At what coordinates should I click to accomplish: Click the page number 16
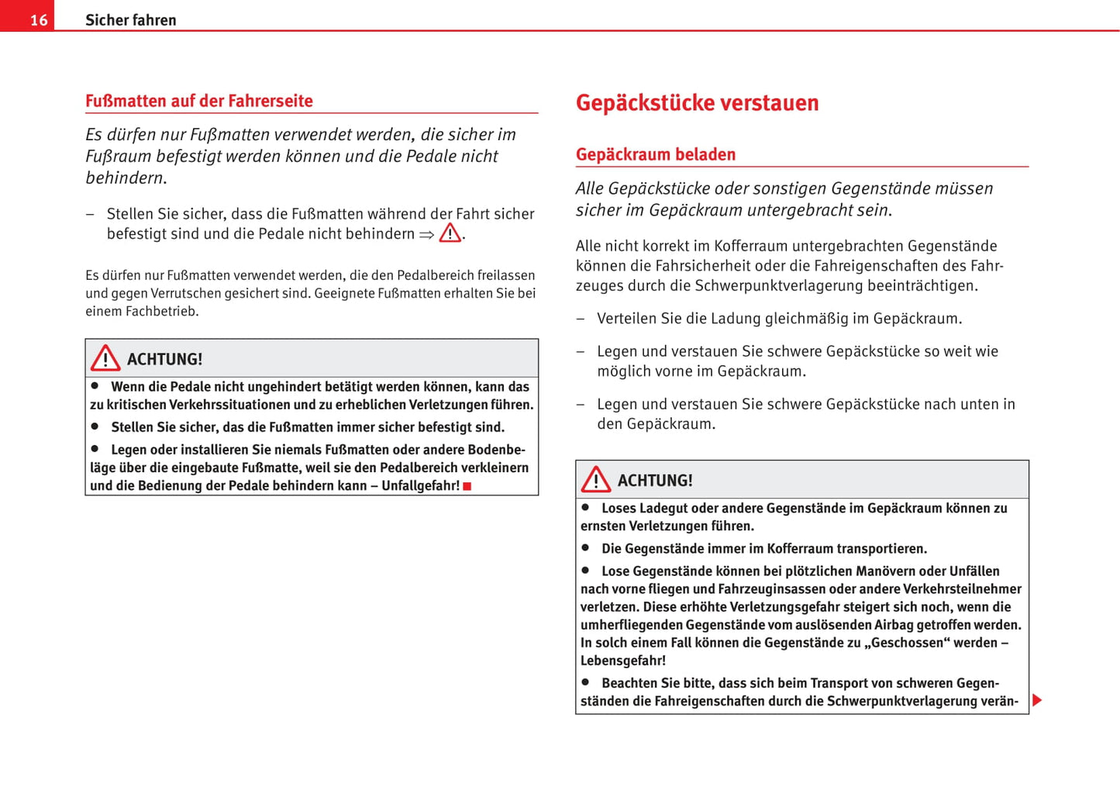[38, 20]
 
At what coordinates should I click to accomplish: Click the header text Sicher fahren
[130, 20]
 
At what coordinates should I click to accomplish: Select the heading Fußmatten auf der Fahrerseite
[199, 101]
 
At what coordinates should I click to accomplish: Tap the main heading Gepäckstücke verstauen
[697, 103]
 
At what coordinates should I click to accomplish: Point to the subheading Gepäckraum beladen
[655, 154]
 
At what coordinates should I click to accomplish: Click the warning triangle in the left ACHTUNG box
[105, 358]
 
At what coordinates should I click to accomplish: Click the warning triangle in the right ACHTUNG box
[596, 480]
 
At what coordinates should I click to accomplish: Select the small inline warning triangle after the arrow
[450, 233]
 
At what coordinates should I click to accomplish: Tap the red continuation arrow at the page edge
[1037, 701]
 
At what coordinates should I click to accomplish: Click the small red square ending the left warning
[467, 486]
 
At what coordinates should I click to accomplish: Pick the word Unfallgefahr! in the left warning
[421, 486]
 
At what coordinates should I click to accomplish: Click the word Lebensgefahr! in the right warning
[623, 661]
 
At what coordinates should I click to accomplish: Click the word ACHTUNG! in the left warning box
[164, 359]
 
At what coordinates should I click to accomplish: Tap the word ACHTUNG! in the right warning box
[655, 481]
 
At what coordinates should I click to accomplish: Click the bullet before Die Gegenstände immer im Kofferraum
[586, 547]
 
